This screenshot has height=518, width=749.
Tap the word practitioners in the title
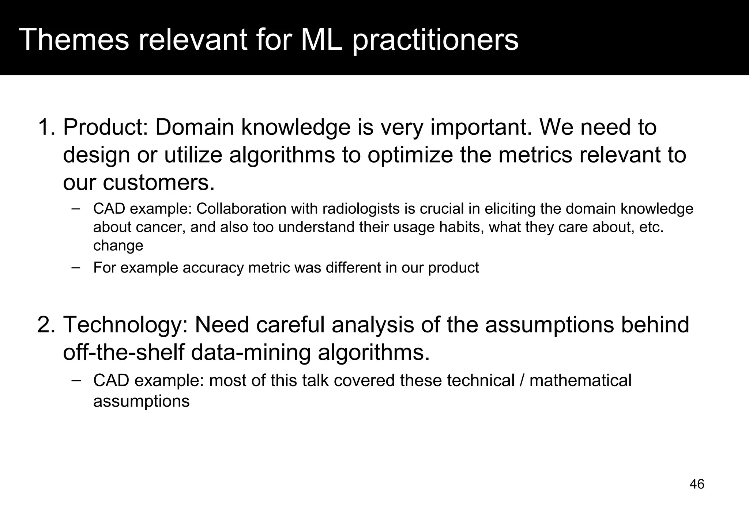pos(435,39)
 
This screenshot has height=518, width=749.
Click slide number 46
pos(697,484)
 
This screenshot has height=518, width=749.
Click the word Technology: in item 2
pos(125,325)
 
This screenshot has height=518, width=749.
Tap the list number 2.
pos(45,325)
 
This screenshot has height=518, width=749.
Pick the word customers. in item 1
pos(158,183)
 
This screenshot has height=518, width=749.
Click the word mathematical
pos(580,380)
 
